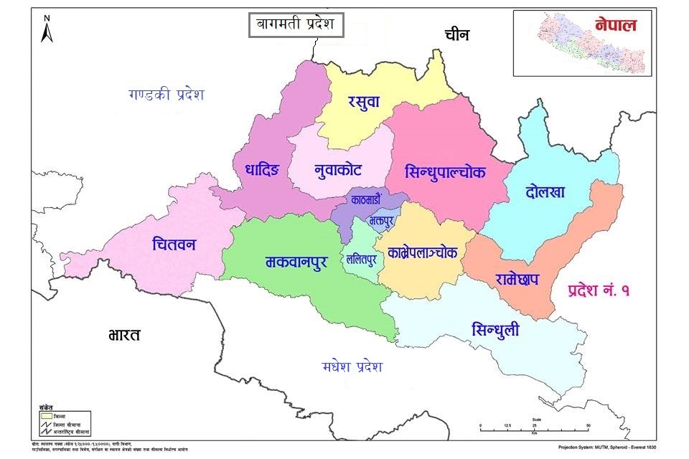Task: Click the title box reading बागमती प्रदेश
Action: (x=296, y=26)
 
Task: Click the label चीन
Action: (x=459, y=34)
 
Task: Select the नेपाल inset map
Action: (x=582, y=43)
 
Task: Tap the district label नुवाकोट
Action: (x=337, y=170)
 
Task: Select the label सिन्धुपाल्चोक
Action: (x=445, y=173)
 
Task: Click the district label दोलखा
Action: (x=545, y=192)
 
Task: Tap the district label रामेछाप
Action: (x=517, y=278)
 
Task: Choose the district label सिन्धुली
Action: (x=495, y=329)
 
